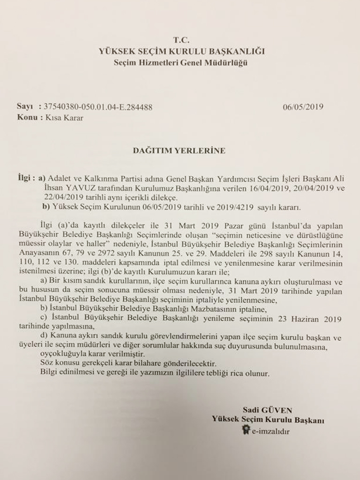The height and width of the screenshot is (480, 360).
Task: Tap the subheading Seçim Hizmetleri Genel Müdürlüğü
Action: point(180,62)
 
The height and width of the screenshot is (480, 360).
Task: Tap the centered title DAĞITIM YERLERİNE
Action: point(180,150)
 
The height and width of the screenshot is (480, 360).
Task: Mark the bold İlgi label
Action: point(24,179)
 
